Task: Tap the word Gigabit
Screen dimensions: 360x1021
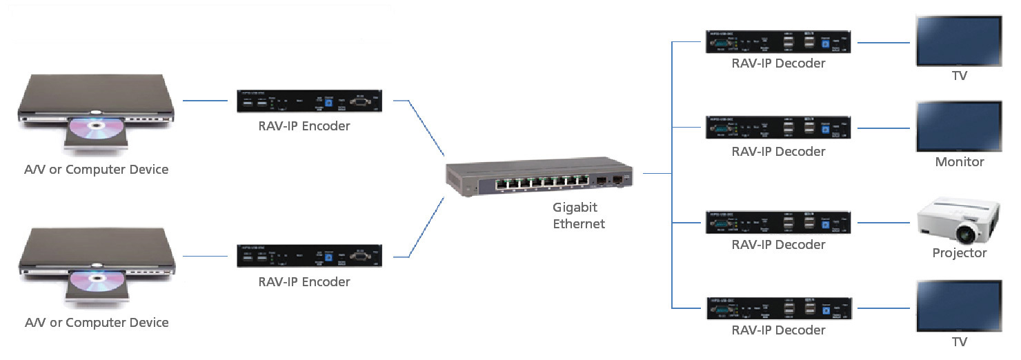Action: (575, 208)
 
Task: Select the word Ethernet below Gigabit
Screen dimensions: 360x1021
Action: (578, 224)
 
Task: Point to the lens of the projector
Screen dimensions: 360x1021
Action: (969, 233)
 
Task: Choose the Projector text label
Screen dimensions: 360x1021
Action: (959, 253)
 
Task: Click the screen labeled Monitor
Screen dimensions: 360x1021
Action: (959, 126)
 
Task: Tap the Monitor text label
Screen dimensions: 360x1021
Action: (959, 162)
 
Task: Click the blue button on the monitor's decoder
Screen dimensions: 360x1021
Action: (825, 130)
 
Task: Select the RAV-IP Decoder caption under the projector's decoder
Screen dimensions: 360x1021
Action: (778, 245)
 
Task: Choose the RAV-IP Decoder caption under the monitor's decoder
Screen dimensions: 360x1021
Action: (778, 152)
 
